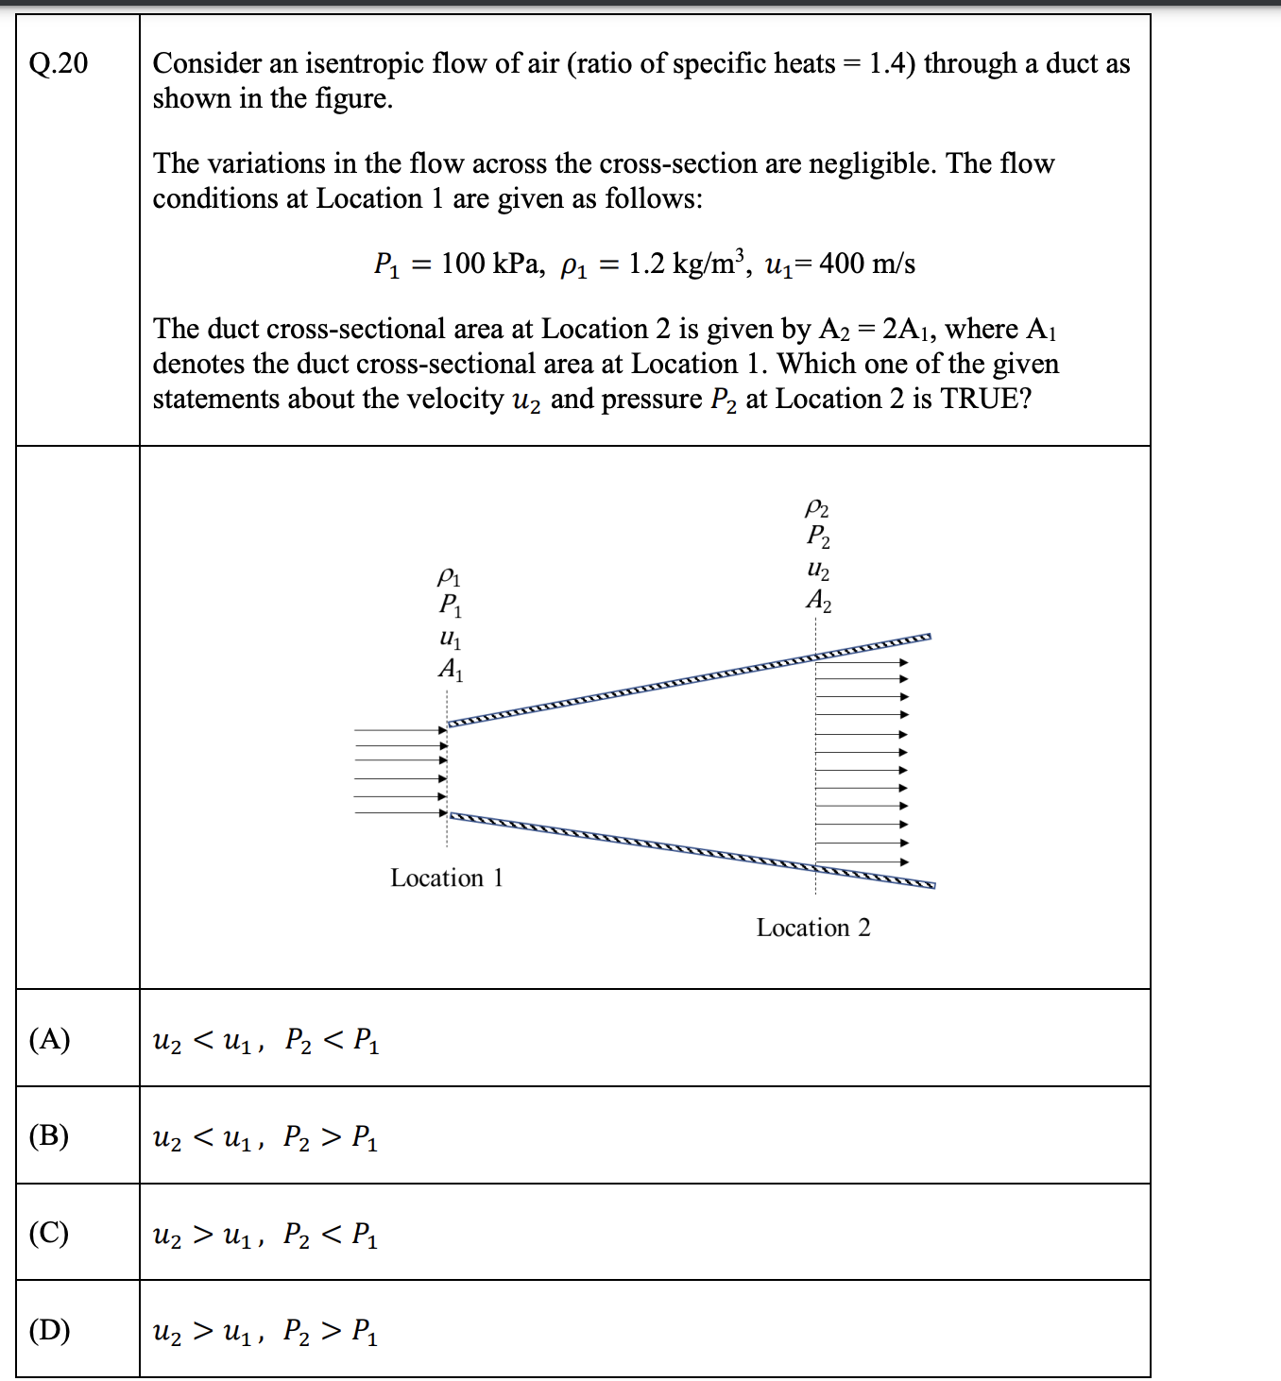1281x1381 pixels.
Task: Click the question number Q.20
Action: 59,63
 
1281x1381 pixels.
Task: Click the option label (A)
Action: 49,1039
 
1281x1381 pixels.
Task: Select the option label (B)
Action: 49,1135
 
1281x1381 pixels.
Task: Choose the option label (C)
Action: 49,1233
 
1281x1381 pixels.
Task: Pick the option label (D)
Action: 49,1330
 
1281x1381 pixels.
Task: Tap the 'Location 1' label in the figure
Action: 447,878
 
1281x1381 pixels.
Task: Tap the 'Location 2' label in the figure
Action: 813,928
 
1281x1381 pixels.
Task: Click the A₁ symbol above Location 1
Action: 451,670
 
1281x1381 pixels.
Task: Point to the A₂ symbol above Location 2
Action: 819,601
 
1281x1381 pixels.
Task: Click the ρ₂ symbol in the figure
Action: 817,508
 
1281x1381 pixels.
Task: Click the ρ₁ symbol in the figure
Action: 449,575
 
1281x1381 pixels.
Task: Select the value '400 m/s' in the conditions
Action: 867,264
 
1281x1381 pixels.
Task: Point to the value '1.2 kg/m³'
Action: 687,264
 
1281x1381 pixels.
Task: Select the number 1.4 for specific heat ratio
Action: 887,63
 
